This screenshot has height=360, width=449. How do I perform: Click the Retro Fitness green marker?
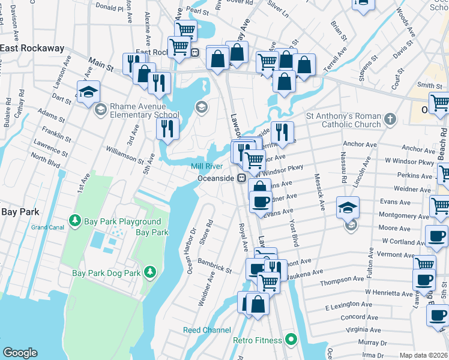point(291,340)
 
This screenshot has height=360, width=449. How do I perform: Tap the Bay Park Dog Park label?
point(106,273)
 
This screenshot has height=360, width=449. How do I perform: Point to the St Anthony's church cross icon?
point(391,118)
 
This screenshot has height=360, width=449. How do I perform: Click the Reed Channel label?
point(206,330)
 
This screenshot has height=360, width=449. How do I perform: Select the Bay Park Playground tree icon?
point(75,221)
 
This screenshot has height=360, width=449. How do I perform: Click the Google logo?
point(20,353)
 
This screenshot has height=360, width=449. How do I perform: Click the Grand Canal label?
point(47,227)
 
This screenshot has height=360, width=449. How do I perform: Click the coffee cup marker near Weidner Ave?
point(260,202)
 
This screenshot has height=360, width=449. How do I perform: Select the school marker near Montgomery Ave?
point(347,208)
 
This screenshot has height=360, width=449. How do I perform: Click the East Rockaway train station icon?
point(194,52)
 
